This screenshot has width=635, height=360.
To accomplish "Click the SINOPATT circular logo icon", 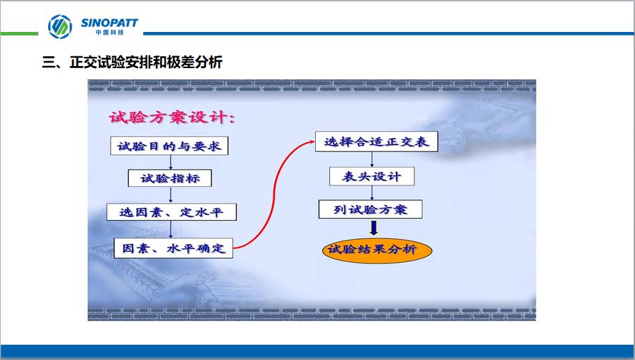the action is [x=60, y=26].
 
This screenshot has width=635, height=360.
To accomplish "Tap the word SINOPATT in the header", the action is [x=109, y=23].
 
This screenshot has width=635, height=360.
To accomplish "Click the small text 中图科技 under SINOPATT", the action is [x=109, y=33].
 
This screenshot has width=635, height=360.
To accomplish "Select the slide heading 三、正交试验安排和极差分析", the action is [x=132, y=63].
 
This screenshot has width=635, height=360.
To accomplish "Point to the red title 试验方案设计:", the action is [x=172, y=117].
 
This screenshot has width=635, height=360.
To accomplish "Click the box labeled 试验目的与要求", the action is [x=169, y=146].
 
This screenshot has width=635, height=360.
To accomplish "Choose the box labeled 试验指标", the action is [x=170, y=179].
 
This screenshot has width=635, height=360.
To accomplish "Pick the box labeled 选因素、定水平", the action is [x=171, y=212].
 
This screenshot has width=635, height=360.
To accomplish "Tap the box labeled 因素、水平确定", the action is [x=173, y=248].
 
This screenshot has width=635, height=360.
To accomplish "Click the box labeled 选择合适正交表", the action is [x=377, y=142].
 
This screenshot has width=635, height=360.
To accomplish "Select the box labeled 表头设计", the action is [x=372, y=177].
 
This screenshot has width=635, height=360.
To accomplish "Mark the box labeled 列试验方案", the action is [x=371, y=209].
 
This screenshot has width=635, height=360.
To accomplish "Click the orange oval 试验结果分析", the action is [x=377, y=249].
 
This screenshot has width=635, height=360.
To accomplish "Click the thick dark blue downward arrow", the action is [x=373, y=228].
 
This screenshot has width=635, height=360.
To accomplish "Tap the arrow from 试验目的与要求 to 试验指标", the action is [x=170, y=162].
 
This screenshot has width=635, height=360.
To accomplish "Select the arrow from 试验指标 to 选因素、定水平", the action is [x=170, y=195].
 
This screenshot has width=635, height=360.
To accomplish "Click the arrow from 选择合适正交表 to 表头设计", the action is [x=372, y=159].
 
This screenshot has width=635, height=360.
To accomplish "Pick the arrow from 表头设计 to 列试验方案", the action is [x=372, y=193].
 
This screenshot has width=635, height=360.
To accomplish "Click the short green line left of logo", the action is [x=19, y=33].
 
